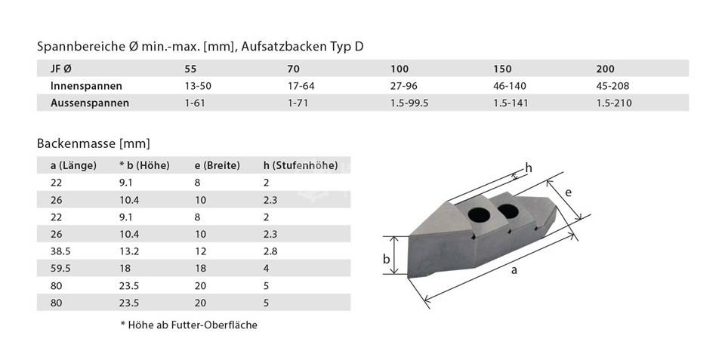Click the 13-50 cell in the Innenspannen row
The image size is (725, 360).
pos(194,86)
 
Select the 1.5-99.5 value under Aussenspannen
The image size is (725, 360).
pos(409,103)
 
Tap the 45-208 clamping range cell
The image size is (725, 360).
pos(612,86)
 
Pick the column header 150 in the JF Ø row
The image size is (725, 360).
pos(503,69)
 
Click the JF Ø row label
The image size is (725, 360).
pos(61,69)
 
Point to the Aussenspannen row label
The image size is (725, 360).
pos(90,103)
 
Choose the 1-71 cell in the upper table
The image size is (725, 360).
pos(298,103)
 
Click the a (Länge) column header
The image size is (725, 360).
pos(73,165)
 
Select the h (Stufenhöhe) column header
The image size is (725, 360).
pos(300,165)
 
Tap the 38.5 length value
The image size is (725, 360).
pos(60,251)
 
